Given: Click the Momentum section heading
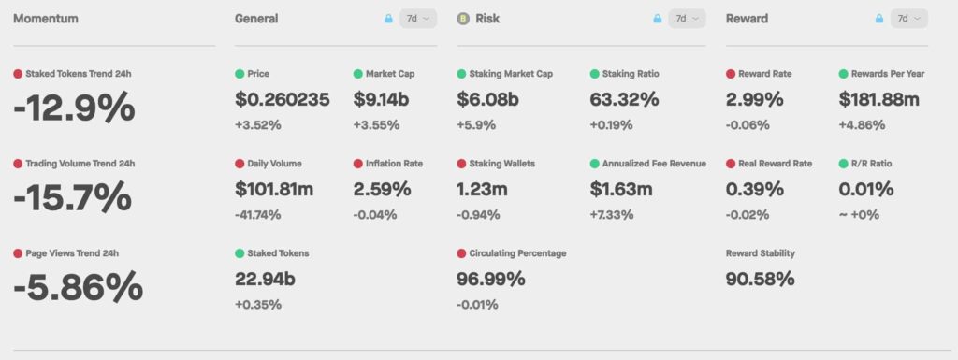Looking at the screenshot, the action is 46,19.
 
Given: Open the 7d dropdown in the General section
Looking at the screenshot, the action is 418,19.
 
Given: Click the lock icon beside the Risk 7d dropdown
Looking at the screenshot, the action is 658,19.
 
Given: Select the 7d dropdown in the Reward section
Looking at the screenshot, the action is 909,19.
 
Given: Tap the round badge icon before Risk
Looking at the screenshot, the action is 463,19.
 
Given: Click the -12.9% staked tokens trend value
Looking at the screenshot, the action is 74,108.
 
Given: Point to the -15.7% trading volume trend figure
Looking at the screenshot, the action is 72,197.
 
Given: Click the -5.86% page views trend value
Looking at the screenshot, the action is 79,287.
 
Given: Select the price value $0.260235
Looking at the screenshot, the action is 283,99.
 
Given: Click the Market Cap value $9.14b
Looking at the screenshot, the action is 381,99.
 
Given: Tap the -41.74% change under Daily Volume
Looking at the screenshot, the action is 258,215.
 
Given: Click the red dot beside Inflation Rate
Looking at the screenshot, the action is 358,164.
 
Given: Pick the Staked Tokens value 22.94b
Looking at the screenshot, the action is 265,279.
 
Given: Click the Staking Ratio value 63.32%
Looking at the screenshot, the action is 624,99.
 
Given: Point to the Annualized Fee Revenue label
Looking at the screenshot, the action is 654,164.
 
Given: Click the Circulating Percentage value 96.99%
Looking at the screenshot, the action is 490,279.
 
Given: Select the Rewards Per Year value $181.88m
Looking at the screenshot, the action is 879,99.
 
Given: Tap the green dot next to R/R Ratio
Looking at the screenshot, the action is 844,164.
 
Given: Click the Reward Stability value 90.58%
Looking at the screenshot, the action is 760,279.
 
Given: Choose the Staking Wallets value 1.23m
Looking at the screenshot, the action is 482,189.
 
